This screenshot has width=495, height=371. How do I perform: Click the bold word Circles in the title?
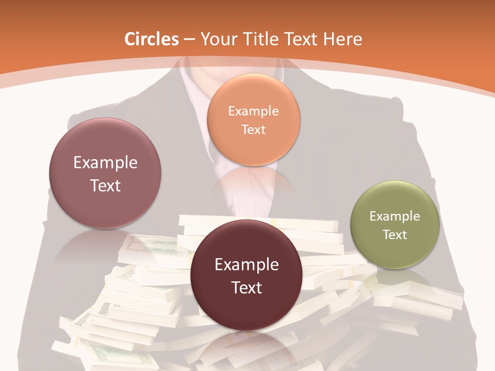[x=152, y=39]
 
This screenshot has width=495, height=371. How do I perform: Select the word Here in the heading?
[x=343, y=39]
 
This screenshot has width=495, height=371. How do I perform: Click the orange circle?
[x=253, y=120]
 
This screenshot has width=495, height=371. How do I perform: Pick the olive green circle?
[x=395, y=225]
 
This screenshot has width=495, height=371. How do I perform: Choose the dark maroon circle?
[x=246, y=275]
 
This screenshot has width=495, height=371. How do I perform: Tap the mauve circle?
[x=105, y=173]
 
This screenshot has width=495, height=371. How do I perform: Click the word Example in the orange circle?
[x=253, y=111]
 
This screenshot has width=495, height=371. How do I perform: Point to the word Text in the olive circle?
[x=395, y=235]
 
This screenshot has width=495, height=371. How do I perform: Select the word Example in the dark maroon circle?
[x=246, y=265]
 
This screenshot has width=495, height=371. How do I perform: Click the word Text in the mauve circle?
[x=105, y=185]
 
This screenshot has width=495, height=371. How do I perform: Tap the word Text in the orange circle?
[x=253, y=129]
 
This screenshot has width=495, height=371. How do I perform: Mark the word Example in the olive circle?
[x=395, y=216]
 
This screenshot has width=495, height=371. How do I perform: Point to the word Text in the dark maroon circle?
[x=246, y=288]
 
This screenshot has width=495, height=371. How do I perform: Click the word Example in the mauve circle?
[x=105, y=163]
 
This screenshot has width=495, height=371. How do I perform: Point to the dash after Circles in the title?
[x=189, y=40]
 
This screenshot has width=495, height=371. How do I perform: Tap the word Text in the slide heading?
[x=301, y=39]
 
